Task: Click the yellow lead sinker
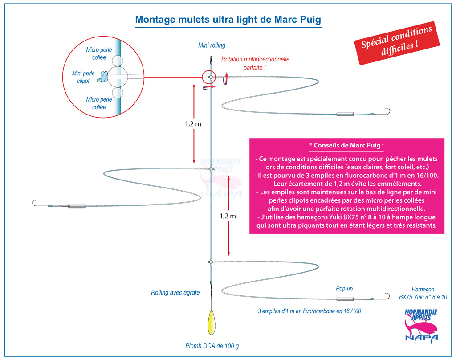pyautogui.click(x=212, y=323)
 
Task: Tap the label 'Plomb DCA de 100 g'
pyautogui.click(x=212, y=346)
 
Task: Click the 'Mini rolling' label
pyautogui.click(x=212, y=45)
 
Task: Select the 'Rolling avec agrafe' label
pyautogui.click(x=175, y=292)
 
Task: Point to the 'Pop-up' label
pyautogui.click(x=344, y=288)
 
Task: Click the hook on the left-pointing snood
pyautogui.click(x=35, y=203)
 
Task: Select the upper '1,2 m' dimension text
pyautogui.click(x=193, y=124)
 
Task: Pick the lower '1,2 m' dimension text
pyautogui.click(x=228, y=216)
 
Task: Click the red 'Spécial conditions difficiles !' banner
pyautogui.click(x=397, y=43)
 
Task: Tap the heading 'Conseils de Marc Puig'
pyautogui.click(x=346, y=145)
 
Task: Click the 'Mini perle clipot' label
pyautogui.click(x=83, y=77)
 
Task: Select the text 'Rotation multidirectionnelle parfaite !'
pyautogui.click(x=255, y=63)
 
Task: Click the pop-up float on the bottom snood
pyautogui.click(x=345, y=299)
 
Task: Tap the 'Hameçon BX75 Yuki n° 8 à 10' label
pyautogui.click(x=423, y=293)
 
